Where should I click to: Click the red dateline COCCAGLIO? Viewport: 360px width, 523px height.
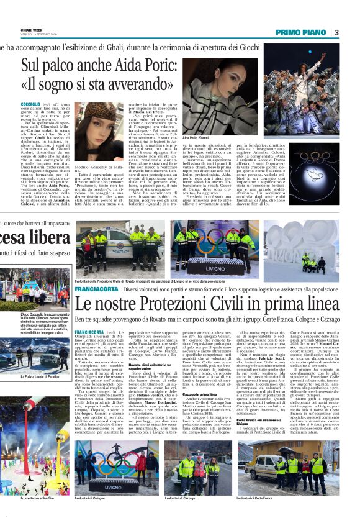(31, 105)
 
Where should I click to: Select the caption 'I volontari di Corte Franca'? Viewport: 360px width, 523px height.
(258, 498)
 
